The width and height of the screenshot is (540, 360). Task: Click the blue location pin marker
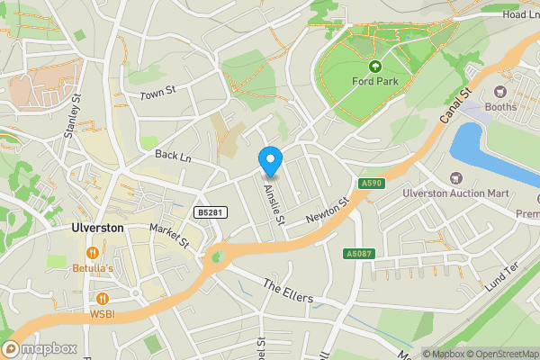pyautogui.click(x=270, y=161)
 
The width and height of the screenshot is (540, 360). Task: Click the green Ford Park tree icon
pyautogui.click(x=375, y=67)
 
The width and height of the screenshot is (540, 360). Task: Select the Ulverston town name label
pyautogui.click(x=97, y=229)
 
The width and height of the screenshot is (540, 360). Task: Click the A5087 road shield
pyautogui.click(x=357, y=255)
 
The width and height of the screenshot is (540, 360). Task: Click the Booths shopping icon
pyautogui.click(x=500, y=92)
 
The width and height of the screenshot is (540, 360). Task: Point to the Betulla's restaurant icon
pyautogui.click(x=91, y=251)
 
